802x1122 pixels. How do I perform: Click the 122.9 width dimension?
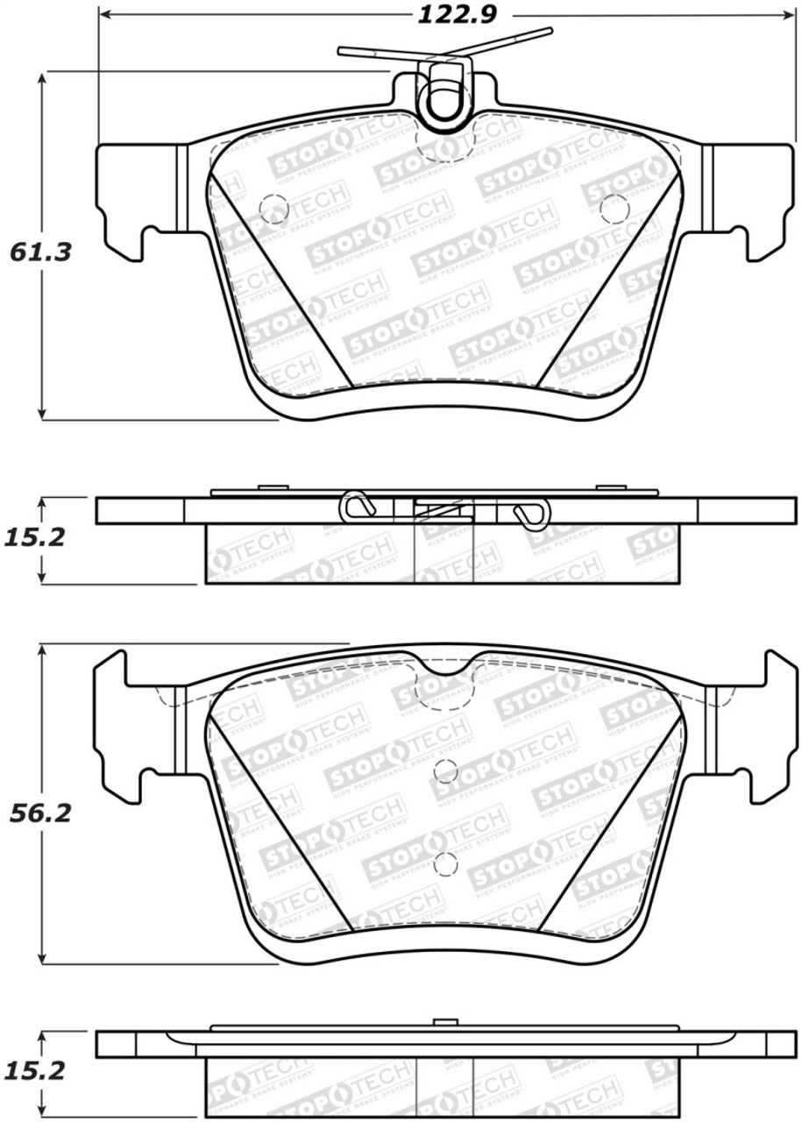coord(445,14)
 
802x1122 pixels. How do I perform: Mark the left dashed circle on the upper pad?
coord(274,208)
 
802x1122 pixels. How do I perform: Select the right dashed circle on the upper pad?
coord(614,208)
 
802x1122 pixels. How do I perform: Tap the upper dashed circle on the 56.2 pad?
coord(446,770)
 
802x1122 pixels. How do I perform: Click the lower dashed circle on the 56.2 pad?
coord(445,864)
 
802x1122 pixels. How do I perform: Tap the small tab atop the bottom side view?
coord(446,1021)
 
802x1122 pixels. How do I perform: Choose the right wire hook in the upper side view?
coord(531,513)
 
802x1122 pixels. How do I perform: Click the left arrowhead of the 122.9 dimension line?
coord(103,14)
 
